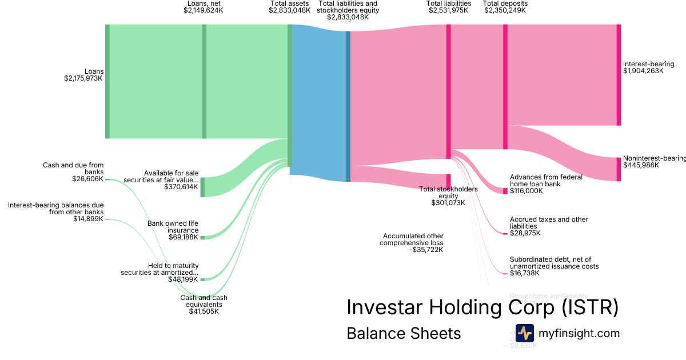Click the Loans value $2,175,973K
click(x=83, y=78)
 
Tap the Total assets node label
click(x=289, y=3)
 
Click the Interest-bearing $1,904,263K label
click(x=648, y=67)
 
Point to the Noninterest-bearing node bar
click(x=618, y=169)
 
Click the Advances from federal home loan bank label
click(x=546, y=181)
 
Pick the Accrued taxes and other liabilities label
click(x=549, y=223)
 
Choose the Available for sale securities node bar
click(x=202, y=187)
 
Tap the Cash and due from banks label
click(x=73, y=169)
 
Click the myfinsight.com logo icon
click(x=524, y=333)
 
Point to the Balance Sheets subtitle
click(x=404, y=334)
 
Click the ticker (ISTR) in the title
click(x=589, y=307)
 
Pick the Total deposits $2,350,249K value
click(x=504, y=10)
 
